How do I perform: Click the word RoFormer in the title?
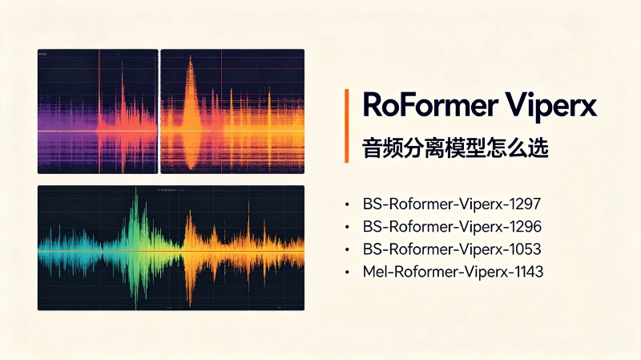(429, 105)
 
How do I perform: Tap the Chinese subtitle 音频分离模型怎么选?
(455, 148)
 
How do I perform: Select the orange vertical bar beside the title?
(347, 126)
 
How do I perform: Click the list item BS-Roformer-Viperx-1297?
(452, 204)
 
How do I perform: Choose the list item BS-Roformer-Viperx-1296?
(452, 226)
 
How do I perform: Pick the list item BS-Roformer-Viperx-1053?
(452, 249)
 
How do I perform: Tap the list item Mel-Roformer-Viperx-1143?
(453, 271)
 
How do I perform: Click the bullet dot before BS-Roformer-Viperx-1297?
(347, 204)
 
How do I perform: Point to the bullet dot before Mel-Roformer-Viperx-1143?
(347, 272)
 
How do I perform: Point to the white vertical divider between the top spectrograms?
(159, 111)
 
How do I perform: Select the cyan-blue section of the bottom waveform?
(70, 251)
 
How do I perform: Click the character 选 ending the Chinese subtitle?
(538, 148)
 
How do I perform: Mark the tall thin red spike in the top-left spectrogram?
(99, 111)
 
